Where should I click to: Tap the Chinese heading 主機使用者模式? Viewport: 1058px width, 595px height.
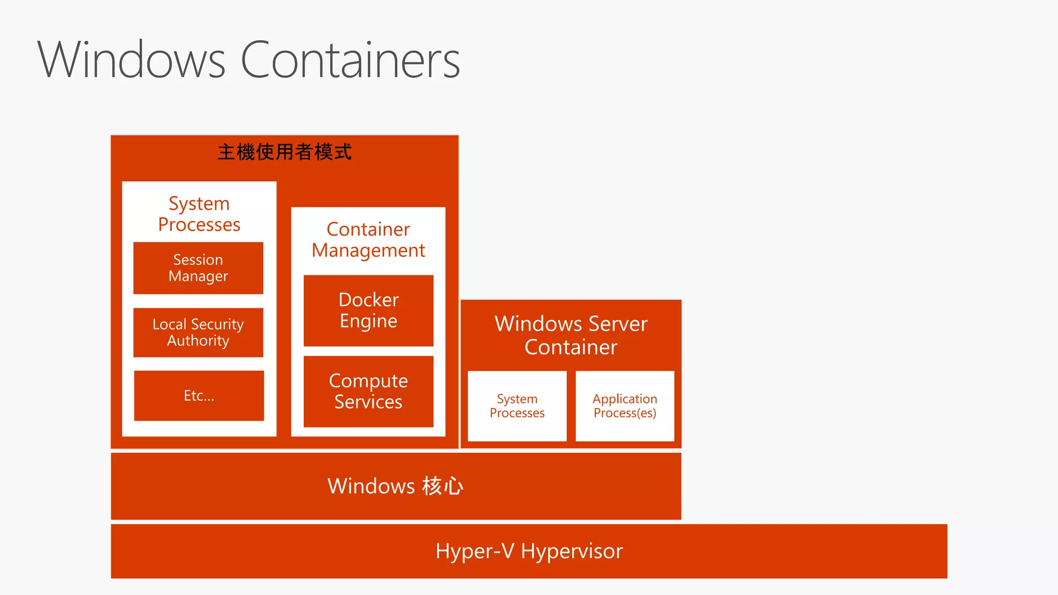point(285,152)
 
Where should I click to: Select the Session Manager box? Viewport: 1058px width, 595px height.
point(198,268)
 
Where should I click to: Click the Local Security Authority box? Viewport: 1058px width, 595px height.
point(198,333)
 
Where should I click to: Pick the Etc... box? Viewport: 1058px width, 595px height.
point(199,396)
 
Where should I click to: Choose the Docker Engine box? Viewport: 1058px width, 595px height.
point(368,310)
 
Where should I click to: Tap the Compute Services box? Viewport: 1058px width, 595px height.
point(368,392)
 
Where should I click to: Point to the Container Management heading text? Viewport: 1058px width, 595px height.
point(368,240)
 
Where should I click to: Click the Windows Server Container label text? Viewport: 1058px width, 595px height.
point(571,335)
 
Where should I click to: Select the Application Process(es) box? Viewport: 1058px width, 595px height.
point(625,406)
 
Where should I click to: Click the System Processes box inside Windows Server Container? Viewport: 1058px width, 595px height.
point(517,406)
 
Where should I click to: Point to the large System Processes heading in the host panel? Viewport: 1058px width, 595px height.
point(199,214)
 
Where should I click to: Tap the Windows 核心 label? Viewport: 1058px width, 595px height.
point(396,486)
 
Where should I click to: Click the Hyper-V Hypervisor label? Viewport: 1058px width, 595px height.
point(529,551)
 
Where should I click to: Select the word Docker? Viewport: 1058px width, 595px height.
point(368,300)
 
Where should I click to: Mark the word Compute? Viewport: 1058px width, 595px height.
point(368,381)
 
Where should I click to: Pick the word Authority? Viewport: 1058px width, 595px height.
point(198,341)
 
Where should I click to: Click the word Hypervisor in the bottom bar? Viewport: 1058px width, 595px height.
point(572,551)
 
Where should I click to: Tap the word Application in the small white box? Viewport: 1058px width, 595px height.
point(625,399)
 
